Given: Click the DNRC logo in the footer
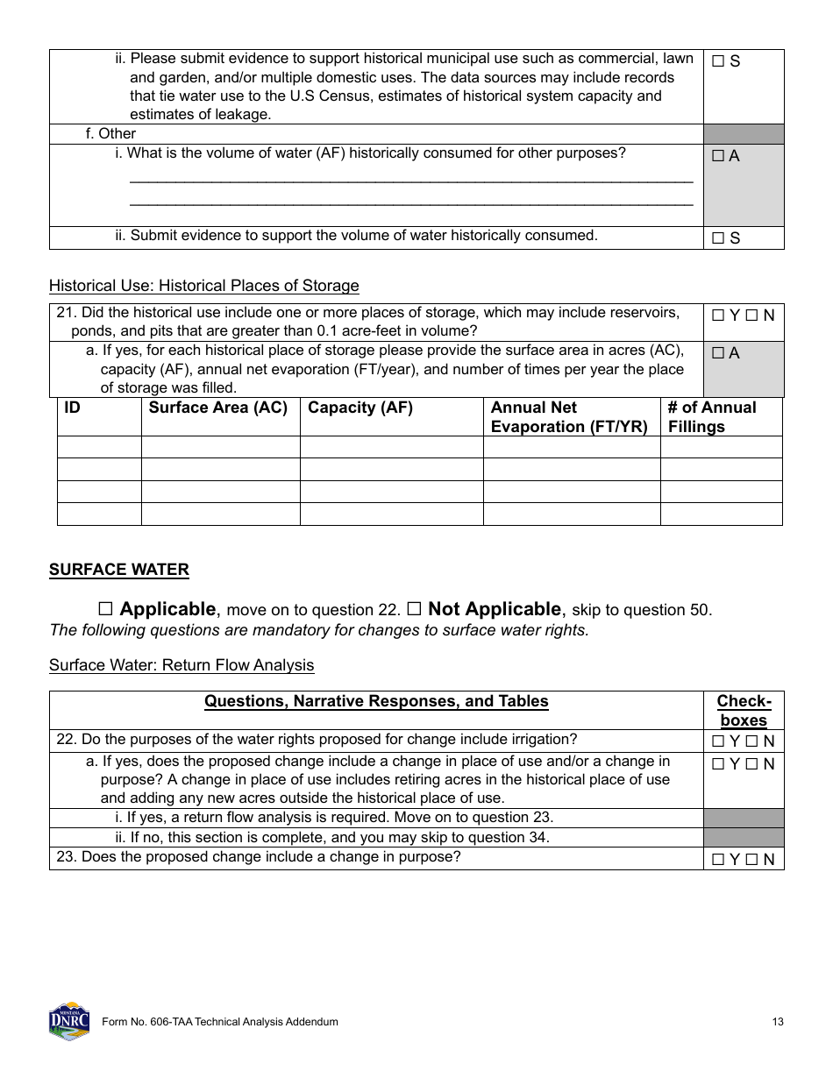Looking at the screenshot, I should (x=69, y=1021).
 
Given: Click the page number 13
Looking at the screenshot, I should (x=778, y=1022).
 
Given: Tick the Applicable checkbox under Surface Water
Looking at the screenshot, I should (x=106, y=609).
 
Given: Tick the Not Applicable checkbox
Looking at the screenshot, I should (x=415, y=609).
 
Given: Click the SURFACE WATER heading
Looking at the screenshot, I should (x=118, y=570).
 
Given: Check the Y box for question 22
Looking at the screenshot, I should (x=718, y=741).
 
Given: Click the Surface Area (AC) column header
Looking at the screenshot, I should (x=218, y=408).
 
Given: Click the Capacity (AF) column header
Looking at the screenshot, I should (x=360, y=408).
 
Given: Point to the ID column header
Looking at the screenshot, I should (x=73, y=408).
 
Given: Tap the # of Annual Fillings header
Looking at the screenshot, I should (x=711, y=417).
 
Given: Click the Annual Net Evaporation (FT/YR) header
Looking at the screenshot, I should (x=569, y=417).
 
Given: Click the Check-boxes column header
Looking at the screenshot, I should (x=744, y=711).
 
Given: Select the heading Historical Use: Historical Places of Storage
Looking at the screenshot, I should (x=203, y=286).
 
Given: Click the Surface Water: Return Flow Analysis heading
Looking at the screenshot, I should (x=182, y=665).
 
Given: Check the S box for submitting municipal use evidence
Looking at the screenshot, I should (x=718, y=61).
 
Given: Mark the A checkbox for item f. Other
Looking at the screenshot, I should (x=718, y=156).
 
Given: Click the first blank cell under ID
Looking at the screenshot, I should (x=99, y=447).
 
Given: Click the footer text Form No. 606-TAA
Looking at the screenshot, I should (x=219, y=1022).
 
